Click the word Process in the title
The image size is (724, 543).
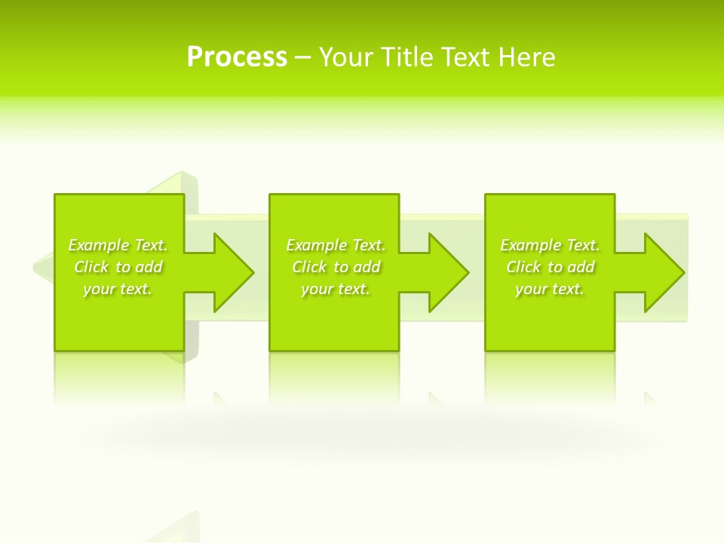coord(237,57)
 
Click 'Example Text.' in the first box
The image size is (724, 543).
coord(118,245)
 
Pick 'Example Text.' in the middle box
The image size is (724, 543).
coord(335,245)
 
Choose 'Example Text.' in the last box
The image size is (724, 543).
coord(550,245)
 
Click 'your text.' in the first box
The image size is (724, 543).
coord(118,289)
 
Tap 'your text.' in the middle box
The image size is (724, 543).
coord(335,289)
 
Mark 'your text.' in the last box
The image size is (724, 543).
coord(550,289)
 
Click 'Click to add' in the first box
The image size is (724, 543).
coord(118,267)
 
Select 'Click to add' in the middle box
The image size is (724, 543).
coord(335,267)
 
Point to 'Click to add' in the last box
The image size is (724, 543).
coord(550,267)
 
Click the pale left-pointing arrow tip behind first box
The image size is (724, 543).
coord(42,266)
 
